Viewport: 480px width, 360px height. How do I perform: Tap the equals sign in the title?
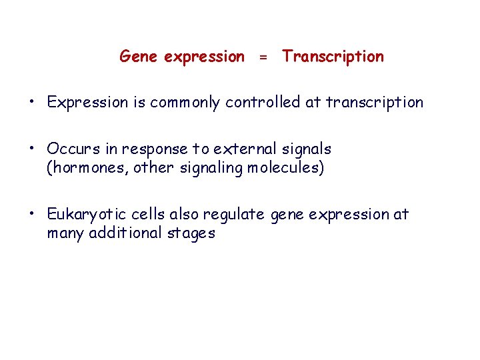pyautogui.click(x=263, y=58)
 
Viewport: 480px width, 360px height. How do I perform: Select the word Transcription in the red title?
pyautogui.click(x=333, y=57)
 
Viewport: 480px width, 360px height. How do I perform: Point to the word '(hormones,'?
pyautogui.click(x=87, y=167)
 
